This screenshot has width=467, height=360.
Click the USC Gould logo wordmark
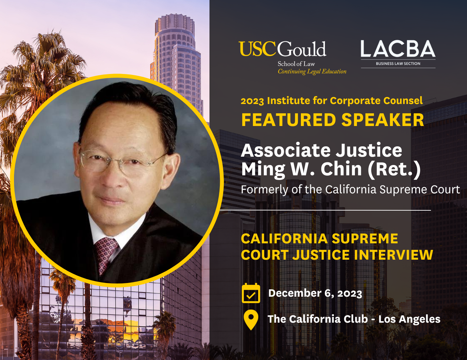click(x=283, y=49)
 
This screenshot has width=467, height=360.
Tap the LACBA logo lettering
click(x=398, y=49)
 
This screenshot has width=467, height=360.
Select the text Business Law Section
click(x=398, y=64)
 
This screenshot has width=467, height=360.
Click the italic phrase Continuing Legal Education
click(x=312, y=71)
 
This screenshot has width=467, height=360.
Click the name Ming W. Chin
click(x=302, y=169)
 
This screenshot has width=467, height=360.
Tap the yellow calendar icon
click(x=251, y=293)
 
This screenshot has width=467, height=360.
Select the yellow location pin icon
click(x=251, y=319)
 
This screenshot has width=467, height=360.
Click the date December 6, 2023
click(x=315, y=293)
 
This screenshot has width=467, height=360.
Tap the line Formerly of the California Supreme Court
click(x=350, y=190)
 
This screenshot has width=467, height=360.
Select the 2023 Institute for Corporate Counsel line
click(x=332, y=101)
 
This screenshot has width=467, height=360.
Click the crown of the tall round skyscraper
click(x=174, y=24)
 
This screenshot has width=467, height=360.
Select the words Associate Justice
click(x=321, y=150)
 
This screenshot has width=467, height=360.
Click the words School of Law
click(x=296, y=64)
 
